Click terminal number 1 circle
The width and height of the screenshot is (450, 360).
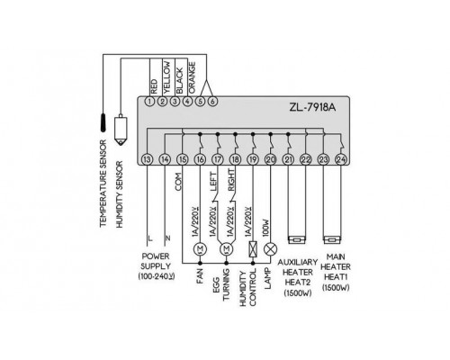tap(149, 102)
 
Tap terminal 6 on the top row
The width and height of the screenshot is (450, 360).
tap(212, 102)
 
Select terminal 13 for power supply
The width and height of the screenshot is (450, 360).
tap(147, 159)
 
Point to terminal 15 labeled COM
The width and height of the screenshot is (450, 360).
tap(183, 159)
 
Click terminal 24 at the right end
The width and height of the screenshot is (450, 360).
tap(341, 159)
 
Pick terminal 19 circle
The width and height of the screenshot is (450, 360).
tap(253, 159)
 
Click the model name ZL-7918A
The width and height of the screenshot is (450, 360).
tap(312, 107)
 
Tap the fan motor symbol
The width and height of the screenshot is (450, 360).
tap(200, 249)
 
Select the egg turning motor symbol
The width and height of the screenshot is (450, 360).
tap(227, 249)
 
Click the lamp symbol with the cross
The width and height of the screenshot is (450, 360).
tap(270, 249)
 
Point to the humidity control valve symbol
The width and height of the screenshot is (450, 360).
tap(253, 249)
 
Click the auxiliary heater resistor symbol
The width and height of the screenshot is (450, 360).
tap(297, 240)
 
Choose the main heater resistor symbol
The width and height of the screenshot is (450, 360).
tap(332, 240)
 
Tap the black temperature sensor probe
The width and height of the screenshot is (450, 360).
tap(103, 122)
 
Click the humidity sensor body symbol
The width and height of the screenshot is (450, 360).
tap(121, 130)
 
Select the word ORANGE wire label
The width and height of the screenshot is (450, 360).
tap(193, 77)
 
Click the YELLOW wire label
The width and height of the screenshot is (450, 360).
tap(167, 77)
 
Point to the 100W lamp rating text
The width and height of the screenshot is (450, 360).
tap(265, 228)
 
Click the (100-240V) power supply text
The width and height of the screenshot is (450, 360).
tap(156, 276)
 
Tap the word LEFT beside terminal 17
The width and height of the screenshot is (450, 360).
tap(213, 182)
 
